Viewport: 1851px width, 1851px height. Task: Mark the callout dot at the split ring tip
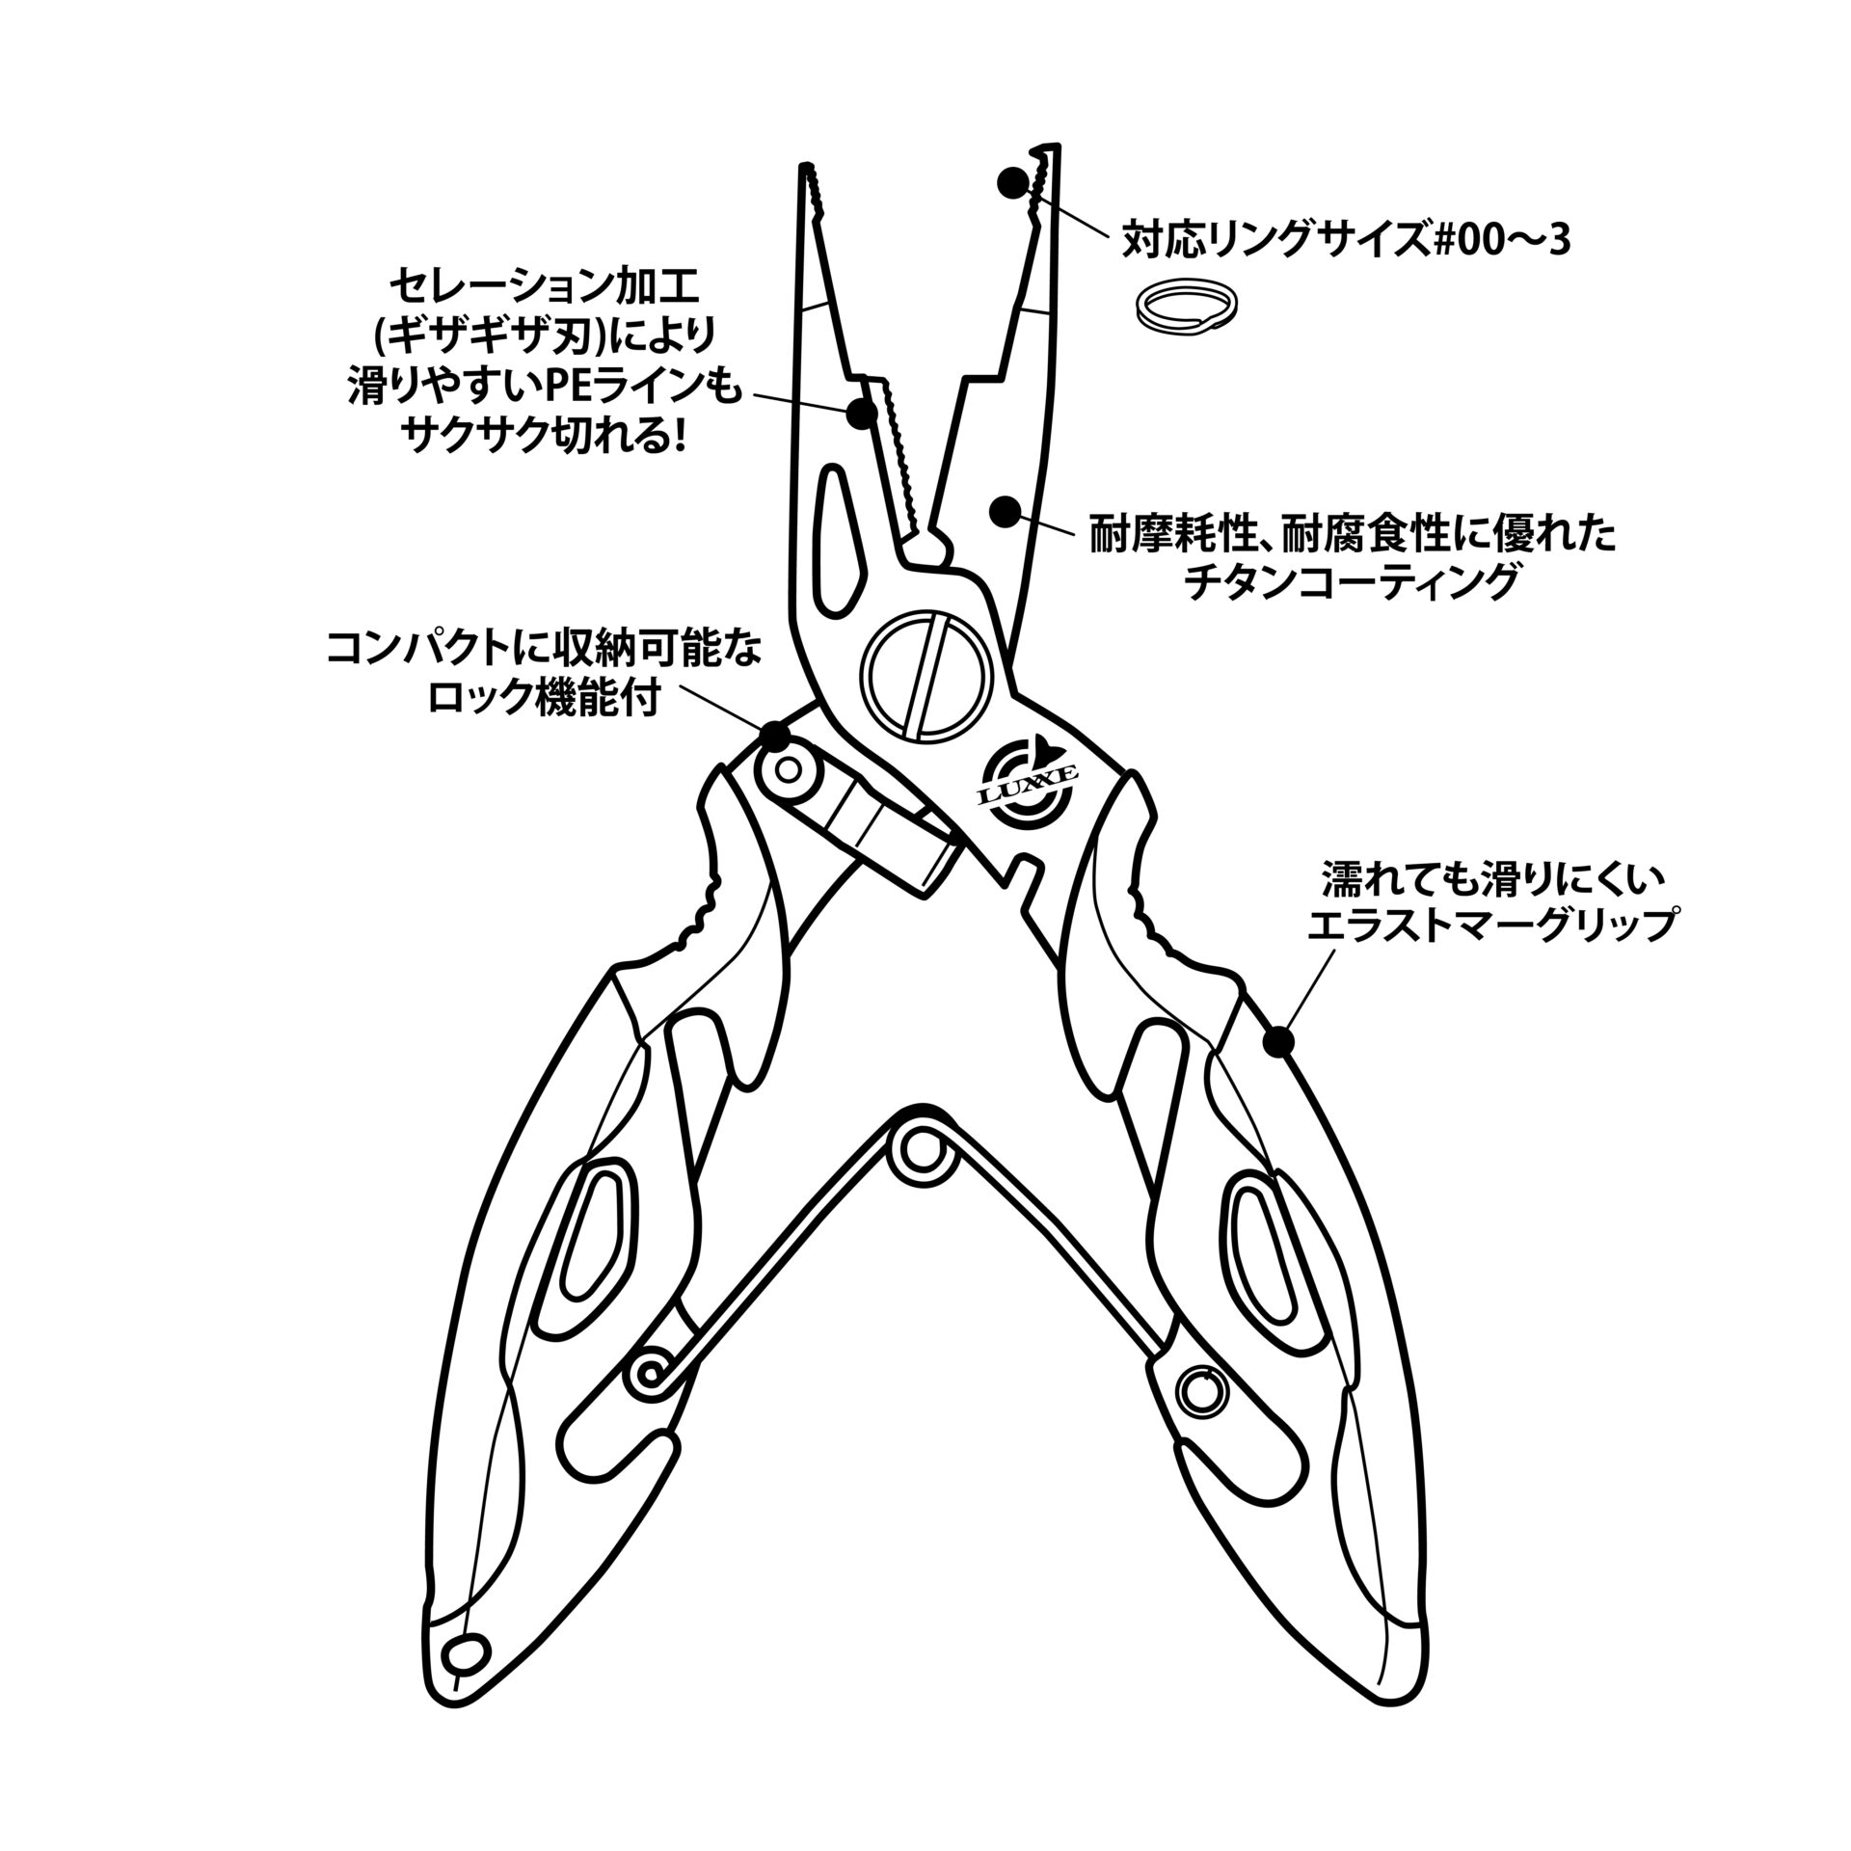click(x=1011, y=182)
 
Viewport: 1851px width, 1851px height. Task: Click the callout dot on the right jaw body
click(x=1006, y=510)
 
